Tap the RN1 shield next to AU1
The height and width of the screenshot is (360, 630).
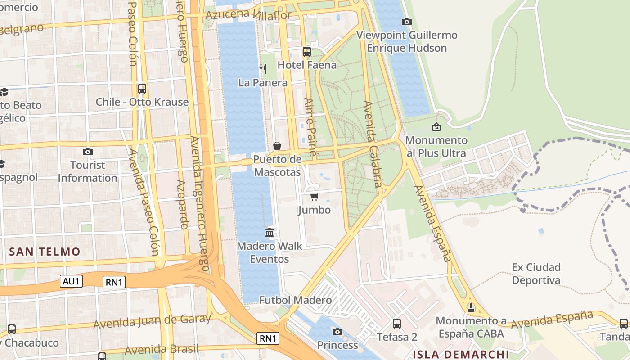point(114,282)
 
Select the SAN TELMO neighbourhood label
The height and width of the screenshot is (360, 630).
point(45,252)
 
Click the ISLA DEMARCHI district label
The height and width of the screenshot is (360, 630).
point(460,354)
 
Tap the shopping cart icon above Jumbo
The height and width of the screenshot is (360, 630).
point(314,197)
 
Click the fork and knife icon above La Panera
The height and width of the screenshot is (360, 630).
point(263,69)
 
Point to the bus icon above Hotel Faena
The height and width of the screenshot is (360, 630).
point(307,51)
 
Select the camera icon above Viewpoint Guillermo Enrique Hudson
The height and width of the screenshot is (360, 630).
point(406,22)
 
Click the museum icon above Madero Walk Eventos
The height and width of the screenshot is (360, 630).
point(270,232)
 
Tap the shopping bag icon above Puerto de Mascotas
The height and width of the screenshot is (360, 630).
point(277,146)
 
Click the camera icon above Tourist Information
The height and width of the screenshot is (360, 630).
point(88,152)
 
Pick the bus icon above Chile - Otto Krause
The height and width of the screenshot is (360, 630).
point(142,88)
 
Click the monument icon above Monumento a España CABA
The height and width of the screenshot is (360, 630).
point(471,308)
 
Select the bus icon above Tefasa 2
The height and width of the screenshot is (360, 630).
point(397,323)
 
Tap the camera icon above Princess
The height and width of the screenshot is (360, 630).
point(337,332)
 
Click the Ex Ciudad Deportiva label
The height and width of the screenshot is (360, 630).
point(536,274)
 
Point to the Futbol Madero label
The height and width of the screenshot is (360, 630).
point(295,300)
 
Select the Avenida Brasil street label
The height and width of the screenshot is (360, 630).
point(161,350)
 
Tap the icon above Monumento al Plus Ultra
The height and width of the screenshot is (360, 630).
point(436,127)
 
